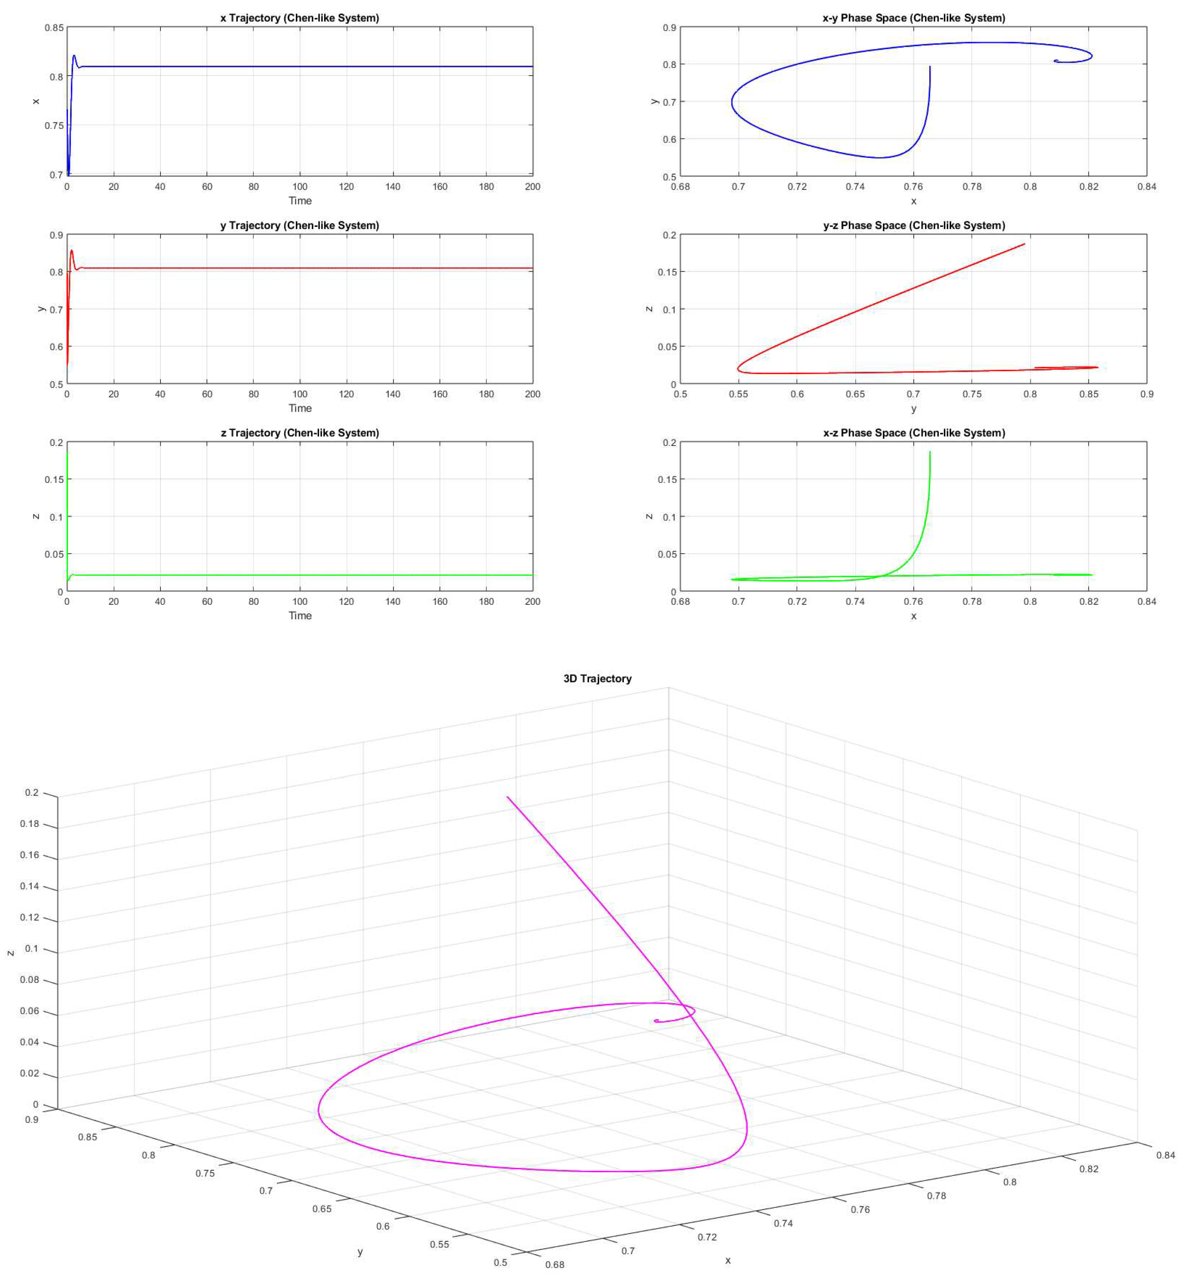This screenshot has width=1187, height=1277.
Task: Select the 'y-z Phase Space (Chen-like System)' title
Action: pyautogui.click(x=913, y=225)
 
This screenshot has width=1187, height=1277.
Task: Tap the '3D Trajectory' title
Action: pyautogui.click(x=597, y=679)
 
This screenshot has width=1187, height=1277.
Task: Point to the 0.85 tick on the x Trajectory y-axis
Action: pyautogui.click(x=54, y=28)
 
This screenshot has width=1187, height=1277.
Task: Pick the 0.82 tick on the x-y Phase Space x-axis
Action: pyautogui.click(x=1089, y=187)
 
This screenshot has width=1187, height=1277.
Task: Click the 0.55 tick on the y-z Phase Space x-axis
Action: pyautogui.click(x=739, y=394)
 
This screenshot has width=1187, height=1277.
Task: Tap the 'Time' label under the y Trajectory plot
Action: pyautogui.click(x=300, y=409)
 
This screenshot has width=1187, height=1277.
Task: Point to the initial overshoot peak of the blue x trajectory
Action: pyautogui.click(x=75, y=56)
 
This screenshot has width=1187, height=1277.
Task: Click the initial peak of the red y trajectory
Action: pyautogui.click(x=71, y=250)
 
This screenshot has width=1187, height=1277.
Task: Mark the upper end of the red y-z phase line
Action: pyautogui.click(x=1024, y=244)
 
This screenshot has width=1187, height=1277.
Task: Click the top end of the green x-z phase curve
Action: pyautogui.click(x=929, y=452)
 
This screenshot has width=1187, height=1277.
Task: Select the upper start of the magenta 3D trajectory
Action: pyautogui.click(x=507, y=797)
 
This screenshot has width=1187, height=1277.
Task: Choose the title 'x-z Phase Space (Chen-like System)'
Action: pyautogui.click(x=913, y=433)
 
